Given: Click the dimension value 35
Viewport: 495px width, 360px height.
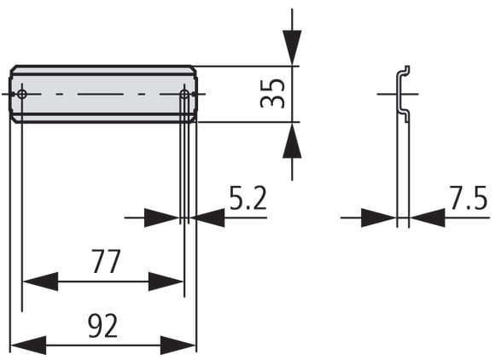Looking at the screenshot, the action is pyautogui.click(x=272, y=93).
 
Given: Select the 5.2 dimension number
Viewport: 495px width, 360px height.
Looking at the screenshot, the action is pyautogui.click(x=247, y=198).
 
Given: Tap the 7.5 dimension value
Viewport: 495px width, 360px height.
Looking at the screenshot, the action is pyautogui.click(x=469, y=198).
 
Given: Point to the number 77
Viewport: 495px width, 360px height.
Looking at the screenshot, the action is pyautogui.click(x=106, y=261).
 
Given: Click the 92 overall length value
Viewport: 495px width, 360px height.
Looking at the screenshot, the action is pyautogui.click(x=103, y=326).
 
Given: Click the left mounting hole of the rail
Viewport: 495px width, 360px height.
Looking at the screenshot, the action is pyautogui.click(x=22, y=94).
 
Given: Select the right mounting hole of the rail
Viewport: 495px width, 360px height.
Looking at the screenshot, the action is pyautogui.click(x=184, y=94).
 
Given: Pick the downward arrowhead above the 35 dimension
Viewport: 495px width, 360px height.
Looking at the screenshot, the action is pyautogui.click(x=292, y=48).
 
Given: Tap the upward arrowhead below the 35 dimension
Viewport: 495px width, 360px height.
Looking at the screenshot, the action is pyautogui.click(x=292, y=139).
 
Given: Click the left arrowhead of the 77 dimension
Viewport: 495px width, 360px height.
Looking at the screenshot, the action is pyautogui.click(x=40, y=282).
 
